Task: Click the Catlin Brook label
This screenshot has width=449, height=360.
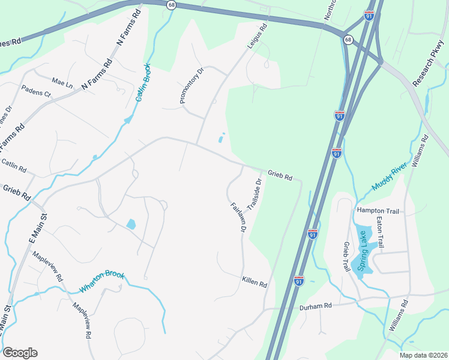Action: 142,83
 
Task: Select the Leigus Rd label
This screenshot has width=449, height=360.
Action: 257,36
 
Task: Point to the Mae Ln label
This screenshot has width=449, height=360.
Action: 62,82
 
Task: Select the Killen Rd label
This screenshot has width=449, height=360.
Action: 255,281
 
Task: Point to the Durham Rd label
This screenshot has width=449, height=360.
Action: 316,306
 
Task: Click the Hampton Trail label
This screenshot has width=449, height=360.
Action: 378,211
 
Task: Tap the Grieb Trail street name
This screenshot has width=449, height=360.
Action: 346,257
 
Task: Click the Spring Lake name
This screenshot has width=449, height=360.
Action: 362,251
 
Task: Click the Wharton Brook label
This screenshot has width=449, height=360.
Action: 102,282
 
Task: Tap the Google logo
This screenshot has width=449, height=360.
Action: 20,353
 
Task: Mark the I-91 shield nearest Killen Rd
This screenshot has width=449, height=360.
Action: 299,280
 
